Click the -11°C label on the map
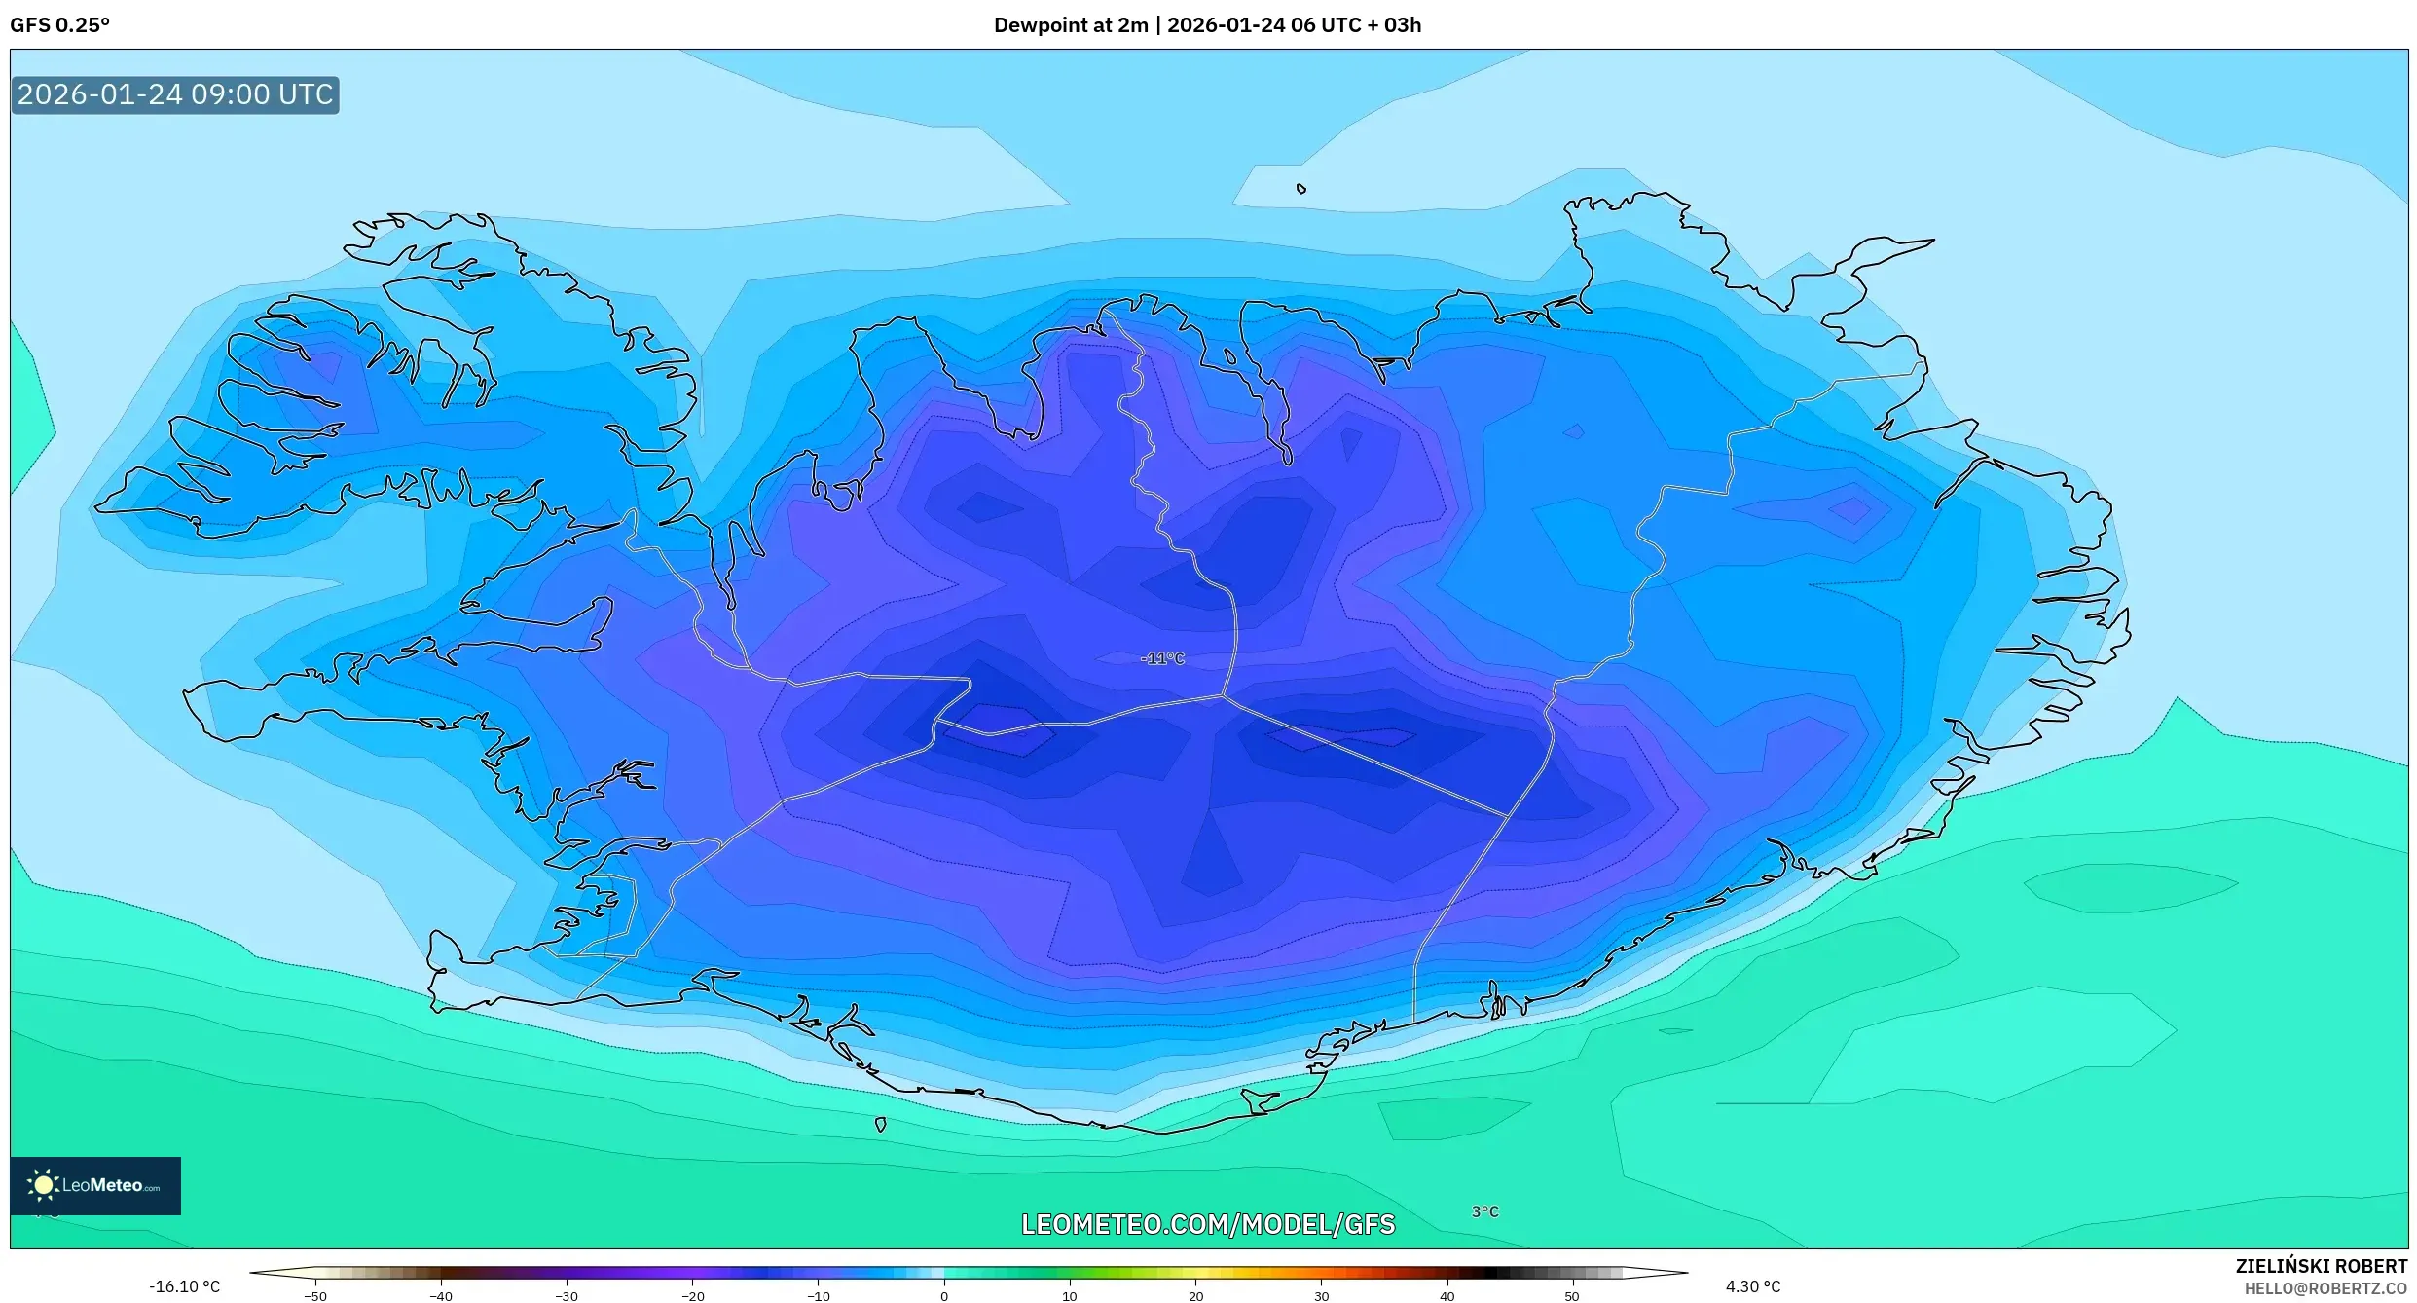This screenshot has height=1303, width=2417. [x=1162, y=659]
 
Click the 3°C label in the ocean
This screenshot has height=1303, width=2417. [x=1484, y=1211]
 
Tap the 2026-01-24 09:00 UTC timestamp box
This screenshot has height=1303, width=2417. [x=175, y=94]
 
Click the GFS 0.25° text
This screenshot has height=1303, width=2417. [x=59, y=25]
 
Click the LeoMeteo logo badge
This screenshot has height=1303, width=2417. [x=95, y=1185]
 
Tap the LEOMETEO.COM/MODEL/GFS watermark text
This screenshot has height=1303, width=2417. [x=1207, y=1225]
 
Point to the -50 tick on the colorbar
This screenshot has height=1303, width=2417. [x=315, y=1296]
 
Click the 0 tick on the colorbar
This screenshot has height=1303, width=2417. [x=943, y=1296]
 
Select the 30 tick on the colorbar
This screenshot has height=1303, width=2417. [x=1321, y=1296]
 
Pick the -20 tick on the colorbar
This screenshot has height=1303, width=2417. [x=692, y=1296]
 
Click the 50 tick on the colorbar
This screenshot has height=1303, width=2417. [x=1572, y=1296]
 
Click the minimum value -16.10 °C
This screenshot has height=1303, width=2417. [x=184, y=1286]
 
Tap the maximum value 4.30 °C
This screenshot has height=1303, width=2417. [x=1753, y=1286]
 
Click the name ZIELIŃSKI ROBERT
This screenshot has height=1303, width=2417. [x=2321, y=1266]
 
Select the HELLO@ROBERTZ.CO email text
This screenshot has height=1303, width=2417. [x=2325, y=1288]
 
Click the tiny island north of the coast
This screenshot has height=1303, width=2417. [x=1301, y=189]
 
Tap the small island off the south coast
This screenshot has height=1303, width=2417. [x=880, y=1125]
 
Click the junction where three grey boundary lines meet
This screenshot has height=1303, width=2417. [x=1223, y=695]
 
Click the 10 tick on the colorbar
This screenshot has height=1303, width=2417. [x=1069, y=1296]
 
